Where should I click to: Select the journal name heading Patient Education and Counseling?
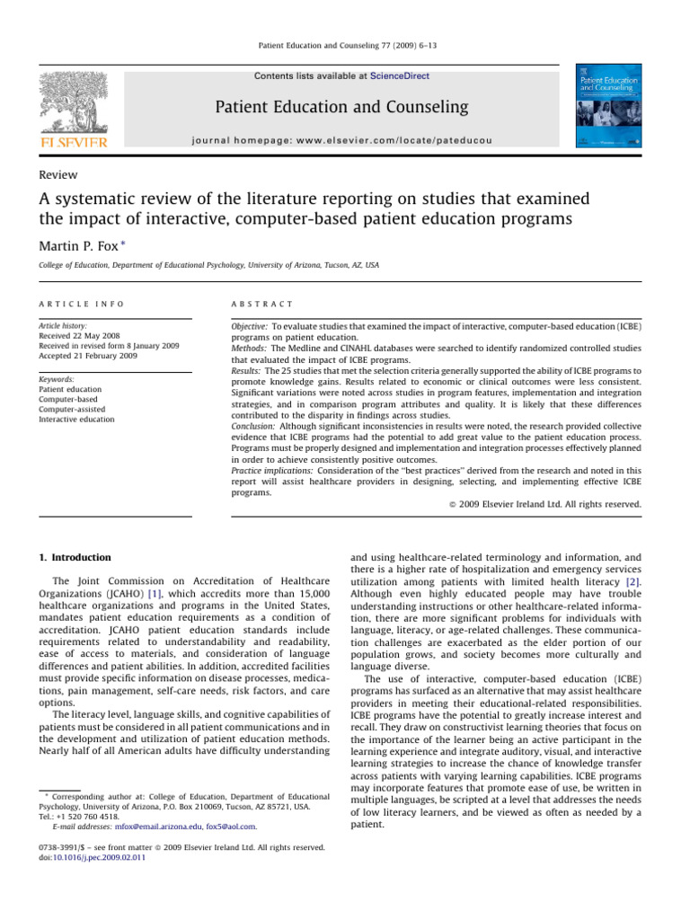pyautogui.click(x=341, y=107)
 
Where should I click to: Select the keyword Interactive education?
pyautogui.click(x=78, y=419)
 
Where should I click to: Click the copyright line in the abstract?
pyautogui.click(x=544, y=504)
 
